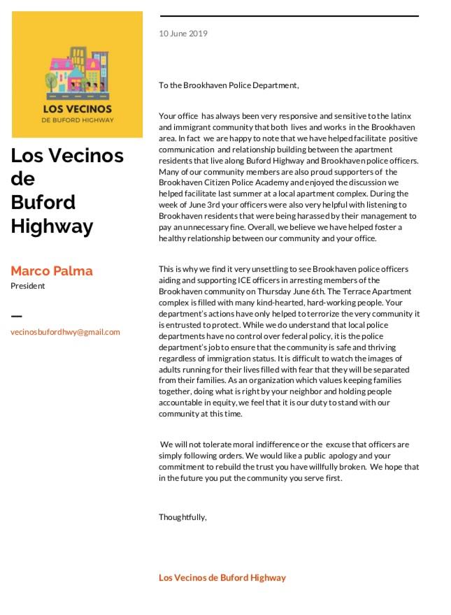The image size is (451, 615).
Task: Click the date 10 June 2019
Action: click(x=183, y=33)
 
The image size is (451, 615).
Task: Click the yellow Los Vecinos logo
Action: click(x=77, y=74)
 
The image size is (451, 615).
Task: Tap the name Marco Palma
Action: click(x=52, y=270)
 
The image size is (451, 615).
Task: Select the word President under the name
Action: click(x=28, y=286)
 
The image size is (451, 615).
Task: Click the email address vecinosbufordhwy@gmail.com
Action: click(x=65, y=332)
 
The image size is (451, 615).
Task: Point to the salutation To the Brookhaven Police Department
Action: click(x=229, y=85)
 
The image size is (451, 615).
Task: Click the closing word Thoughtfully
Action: click(x=182, y=517)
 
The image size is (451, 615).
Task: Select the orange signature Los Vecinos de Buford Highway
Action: click(x=222, y=578)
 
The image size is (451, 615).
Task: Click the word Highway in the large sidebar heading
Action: click(x=52, y=226)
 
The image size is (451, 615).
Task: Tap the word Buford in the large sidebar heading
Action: click(x=43, y=203)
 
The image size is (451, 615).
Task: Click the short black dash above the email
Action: click(x=16, y=315)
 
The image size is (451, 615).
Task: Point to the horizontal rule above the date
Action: click(x=289, y=15)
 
